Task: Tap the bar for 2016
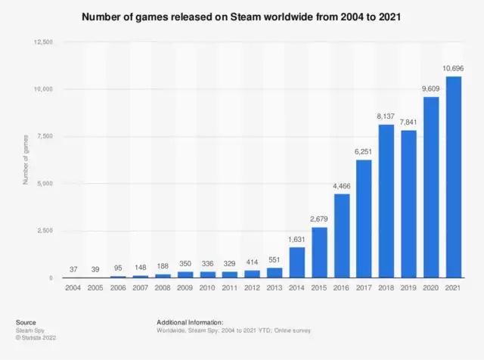pos(342,236)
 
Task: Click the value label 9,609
pos(431,89)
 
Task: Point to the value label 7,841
pos(409,123)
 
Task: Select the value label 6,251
pos(364,152)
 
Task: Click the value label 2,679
pos(319,220)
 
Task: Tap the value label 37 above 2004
pos(73,270)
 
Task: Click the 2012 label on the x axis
pos(253,287)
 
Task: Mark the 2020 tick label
pos(431,287)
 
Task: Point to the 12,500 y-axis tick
pos(42,42)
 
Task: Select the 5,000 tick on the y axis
pos(44,184)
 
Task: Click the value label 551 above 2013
pos(275,260)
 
